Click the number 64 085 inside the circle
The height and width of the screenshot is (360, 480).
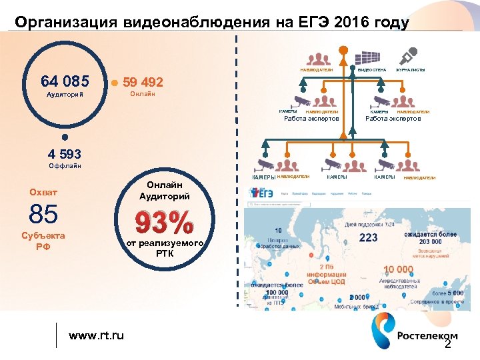[x=65, y=82]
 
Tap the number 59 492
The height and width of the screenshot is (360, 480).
[x=143, y=83]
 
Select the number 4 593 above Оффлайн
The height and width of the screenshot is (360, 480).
[x=64, y=155]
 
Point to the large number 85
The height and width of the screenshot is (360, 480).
[x=43, y=214]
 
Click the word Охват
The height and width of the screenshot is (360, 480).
[x=43, y=193]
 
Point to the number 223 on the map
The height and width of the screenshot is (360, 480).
[x=368, y=238]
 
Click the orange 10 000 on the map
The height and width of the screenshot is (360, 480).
[x=398, y=269]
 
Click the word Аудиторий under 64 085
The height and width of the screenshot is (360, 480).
[x=65, y=95]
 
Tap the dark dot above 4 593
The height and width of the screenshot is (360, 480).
[x=64, y=139]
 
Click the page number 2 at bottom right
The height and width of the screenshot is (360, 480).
[x=447, y=345]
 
